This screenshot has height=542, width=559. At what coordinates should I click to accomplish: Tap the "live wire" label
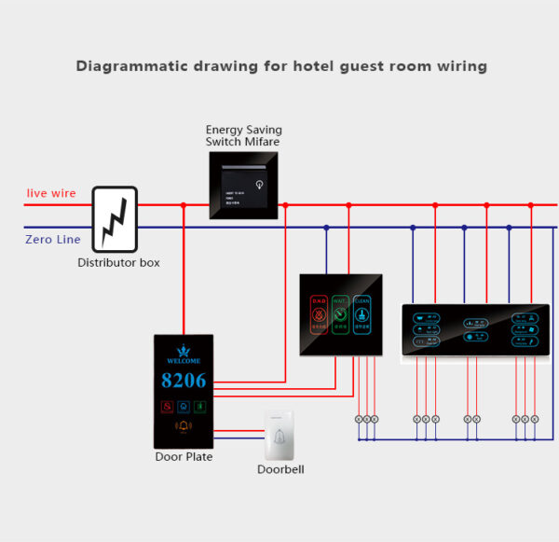click(51, 193)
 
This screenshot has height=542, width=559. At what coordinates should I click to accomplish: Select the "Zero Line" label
click(52, 240)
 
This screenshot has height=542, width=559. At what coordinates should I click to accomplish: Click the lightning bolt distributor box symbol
click(115, 218)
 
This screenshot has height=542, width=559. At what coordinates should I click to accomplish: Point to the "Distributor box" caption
click(118, 263)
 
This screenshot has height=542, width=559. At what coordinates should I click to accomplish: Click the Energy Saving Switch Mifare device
click(243, 186)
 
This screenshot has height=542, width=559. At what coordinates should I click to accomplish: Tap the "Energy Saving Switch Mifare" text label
click(243, 135)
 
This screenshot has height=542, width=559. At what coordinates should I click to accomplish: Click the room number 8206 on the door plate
click(184, 381)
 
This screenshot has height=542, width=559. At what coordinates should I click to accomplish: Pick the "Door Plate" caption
click(184, 457)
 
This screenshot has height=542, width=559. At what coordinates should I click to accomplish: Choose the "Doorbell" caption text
click(280, 469)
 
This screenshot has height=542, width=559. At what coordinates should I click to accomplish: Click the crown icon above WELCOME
click(184, 348)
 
